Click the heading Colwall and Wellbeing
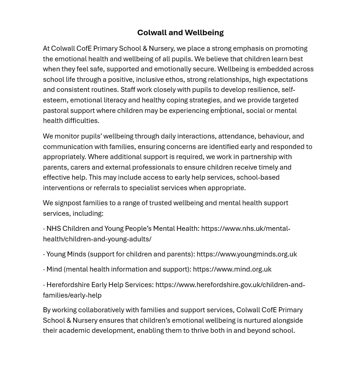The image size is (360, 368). click(180, 32)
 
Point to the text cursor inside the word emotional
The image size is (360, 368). click(221, 110)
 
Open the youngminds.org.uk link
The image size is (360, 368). click(247, 254)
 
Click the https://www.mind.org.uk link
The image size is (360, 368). click(232, 269)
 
